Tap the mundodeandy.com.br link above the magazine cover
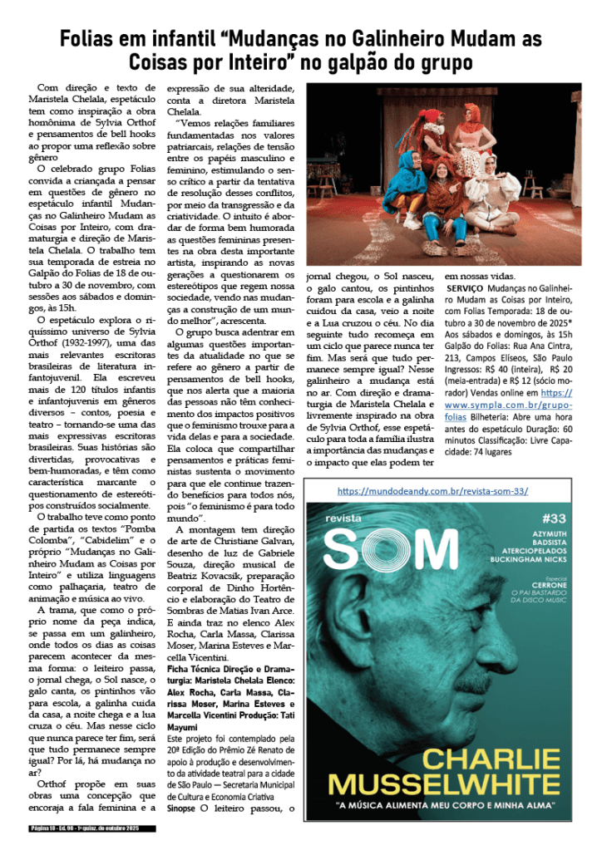(432, 491)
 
